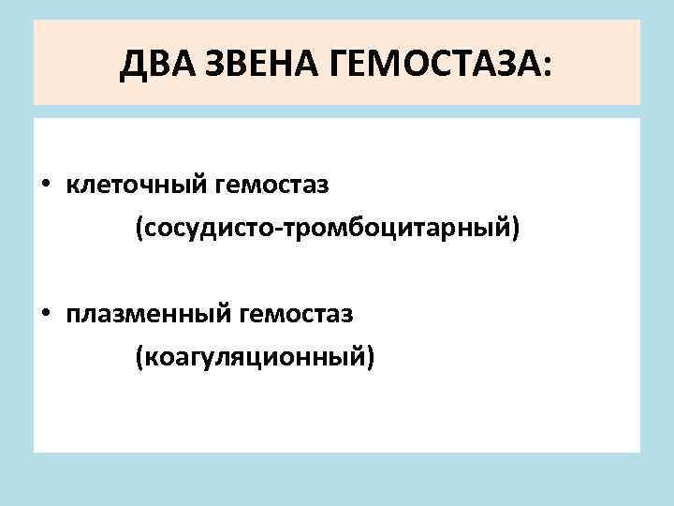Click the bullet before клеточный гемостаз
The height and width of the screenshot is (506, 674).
click(45, 185)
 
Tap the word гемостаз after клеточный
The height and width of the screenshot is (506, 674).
click(273, 185)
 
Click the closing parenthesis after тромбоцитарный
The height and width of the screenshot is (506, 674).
click(513, 228)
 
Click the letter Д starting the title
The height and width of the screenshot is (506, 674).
click(133, 65)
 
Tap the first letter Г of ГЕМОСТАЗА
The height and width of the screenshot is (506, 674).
click(336, 65)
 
